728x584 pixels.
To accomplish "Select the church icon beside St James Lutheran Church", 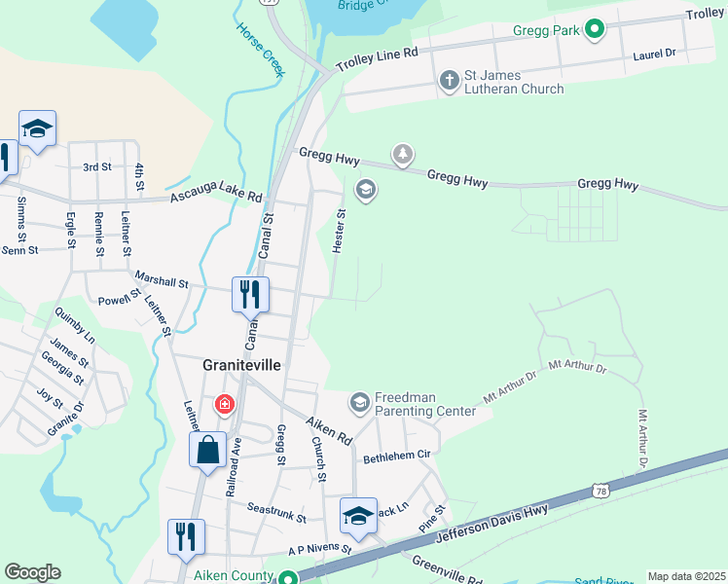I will pyautogui.click(x=449, y=80).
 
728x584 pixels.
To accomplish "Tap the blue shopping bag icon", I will pyautogui.click(x=207, y=451).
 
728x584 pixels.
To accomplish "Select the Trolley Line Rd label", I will pyautogui.click(x=377, y=60).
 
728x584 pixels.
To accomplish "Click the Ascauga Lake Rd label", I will pyautogui.click(x=216, y=195).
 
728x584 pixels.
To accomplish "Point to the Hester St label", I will pyautogui.click(x=340, y=232).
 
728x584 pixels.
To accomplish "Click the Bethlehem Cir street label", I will pyautogui.click(x=396, y=456).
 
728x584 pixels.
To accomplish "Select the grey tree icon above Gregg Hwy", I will pyautogui.click(x=402, y=154).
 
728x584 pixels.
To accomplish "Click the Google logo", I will pyautogui.click(x=32, y=572).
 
